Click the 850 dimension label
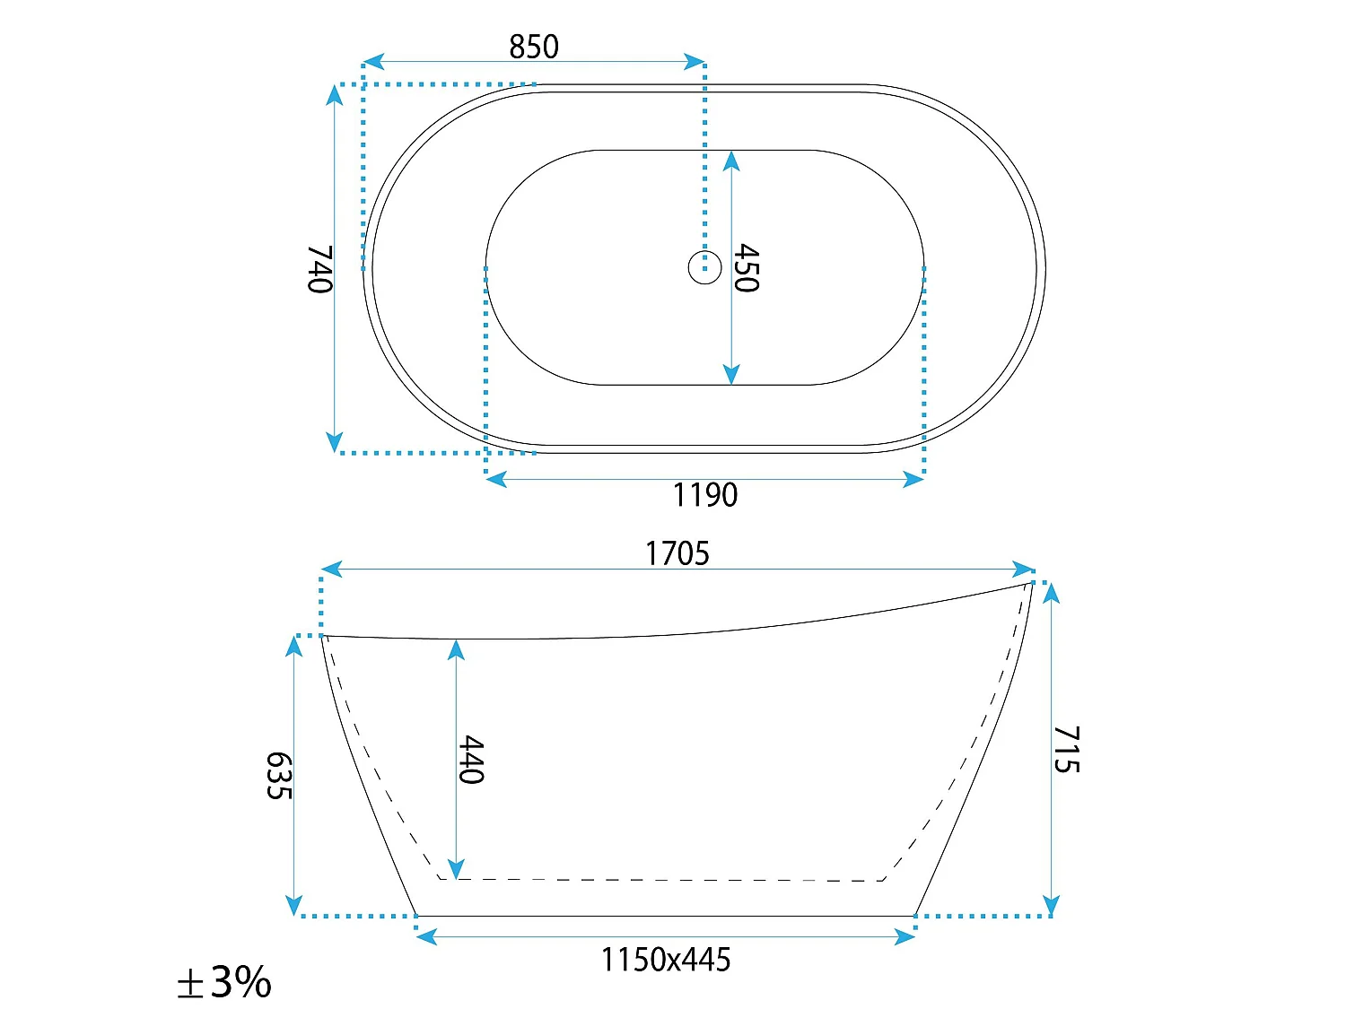(534, 47)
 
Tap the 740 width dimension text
(319, 269)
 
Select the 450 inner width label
(747, 267)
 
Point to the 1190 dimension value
(705, 495)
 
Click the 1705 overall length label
(677, 553)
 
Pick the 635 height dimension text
(279, 776)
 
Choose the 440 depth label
(471, 760)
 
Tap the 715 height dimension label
(1066, 749)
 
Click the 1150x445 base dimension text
(666, 960)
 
